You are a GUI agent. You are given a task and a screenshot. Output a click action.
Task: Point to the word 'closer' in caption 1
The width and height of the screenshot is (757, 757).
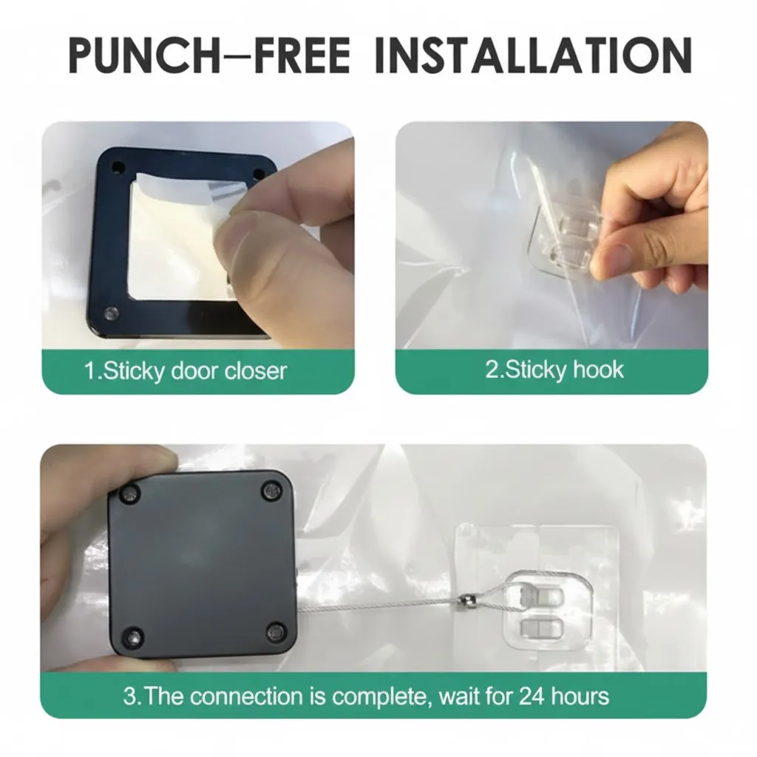[255, 371]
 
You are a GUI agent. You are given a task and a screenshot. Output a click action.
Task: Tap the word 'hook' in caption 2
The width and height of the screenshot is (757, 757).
[597, 370]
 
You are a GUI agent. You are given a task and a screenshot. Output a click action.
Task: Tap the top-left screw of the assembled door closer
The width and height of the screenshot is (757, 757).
[129, 495]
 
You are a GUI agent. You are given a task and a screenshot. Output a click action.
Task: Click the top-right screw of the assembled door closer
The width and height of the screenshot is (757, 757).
[271, 492]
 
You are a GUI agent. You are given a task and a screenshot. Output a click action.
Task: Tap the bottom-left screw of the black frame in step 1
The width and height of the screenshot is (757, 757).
[112, 314]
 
